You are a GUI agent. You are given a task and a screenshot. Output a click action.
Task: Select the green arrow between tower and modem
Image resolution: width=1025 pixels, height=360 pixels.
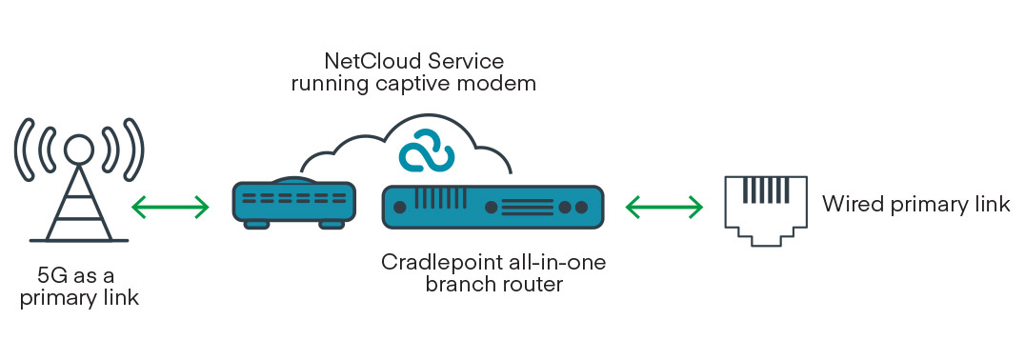[170, 206]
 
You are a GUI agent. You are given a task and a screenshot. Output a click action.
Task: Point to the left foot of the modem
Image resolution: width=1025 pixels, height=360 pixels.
[256, 225]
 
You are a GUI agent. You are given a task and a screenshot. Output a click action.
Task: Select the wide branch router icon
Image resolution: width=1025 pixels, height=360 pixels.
[492, 207]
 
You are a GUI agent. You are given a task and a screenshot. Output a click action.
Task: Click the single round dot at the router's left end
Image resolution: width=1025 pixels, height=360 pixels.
[401, 207]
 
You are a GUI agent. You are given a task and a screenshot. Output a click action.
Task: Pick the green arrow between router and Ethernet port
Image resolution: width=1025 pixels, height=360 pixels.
[664, 206]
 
